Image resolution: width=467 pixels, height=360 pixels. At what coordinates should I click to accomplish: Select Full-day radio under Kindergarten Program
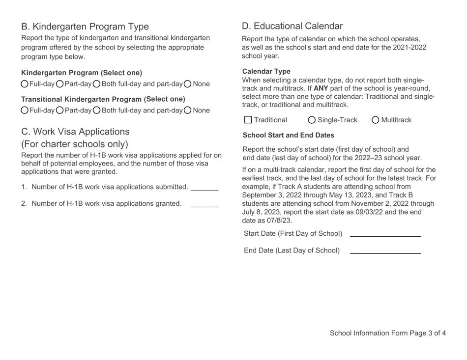click(25, 84)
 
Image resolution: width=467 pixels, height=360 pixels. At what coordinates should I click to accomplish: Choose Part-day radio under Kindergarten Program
click(60, 84)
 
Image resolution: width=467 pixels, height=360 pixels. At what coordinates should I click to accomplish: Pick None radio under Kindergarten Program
click(188, 84)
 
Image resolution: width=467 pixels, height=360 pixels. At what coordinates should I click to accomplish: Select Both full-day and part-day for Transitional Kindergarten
click(97, 110)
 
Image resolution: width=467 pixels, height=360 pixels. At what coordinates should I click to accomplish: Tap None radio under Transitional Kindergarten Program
click(188, 110)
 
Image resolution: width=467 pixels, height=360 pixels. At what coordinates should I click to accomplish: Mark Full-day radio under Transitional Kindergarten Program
click(25, 110)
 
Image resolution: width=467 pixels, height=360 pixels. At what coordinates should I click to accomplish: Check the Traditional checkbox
click(248, 120)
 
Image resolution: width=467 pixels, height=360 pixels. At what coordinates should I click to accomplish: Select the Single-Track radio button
click(312, 120)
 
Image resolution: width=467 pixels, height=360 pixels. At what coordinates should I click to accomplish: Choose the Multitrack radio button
click(376, 120)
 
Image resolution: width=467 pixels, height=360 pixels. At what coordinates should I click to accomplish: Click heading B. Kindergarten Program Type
click(85, 27)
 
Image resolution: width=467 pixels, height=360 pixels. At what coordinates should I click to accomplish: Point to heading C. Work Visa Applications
click(75, 132)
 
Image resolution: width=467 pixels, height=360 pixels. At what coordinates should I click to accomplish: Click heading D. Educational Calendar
click(292, 26)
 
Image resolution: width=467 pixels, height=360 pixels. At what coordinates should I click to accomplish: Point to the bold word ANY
click(321, 88)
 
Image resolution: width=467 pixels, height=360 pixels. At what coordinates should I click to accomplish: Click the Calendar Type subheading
click(266, 71)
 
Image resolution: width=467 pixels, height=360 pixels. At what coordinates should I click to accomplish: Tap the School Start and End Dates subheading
click(289, 135)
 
